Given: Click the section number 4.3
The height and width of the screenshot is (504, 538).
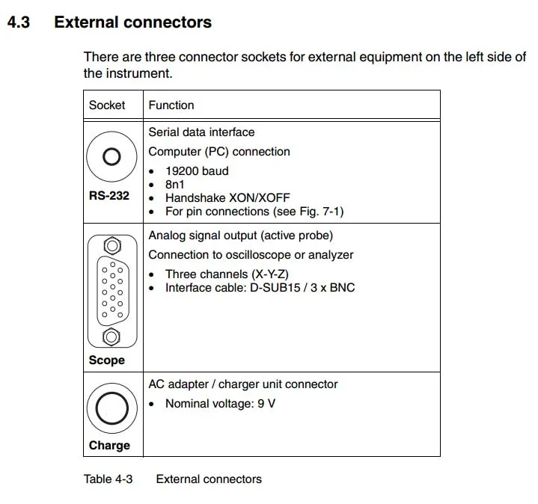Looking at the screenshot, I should (19, 22).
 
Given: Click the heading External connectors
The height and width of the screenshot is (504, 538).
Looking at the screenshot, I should (132, 22).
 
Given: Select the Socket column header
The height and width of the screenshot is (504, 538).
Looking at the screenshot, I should (107, 105).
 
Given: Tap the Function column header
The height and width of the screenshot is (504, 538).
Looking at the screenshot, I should (171, 105).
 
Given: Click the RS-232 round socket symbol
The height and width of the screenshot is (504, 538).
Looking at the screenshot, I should (111, 157).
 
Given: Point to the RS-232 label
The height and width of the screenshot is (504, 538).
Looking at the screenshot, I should (109, 196).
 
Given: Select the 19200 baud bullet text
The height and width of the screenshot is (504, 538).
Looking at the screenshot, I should (197, 170).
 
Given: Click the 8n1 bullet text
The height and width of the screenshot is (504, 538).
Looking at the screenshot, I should (176, 184).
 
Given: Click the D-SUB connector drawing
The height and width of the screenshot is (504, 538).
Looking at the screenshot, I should (112, 291).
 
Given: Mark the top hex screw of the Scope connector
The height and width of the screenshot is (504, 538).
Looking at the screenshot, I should (112, 245).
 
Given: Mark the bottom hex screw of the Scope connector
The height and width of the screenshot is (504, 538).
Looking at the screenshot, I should (112, 337).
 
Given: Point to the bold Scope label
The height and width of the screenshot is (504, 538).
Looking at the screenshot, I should (107, 360).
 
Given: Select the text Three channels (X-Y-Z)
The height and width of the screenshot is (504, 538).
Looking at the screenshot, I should (227, 274).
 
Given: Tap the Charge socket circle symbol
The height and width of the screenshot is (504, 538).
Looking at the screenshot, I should (111, 409).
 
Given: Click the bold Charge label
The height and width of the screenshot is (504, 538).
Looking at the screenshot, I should (109, 446).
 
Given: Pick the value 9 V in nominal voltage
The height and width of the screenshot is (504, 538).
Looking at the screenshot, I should (266, 404).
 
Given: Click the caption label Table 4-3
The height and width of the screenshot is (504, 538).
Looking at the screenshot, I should (108, 479).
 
